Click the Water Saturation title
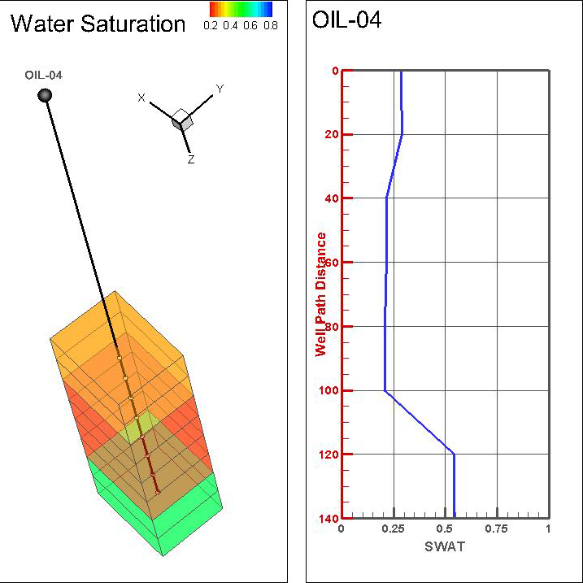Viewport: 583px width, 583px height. (98, 24)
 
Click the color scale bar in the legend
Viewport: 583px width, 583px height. (241, 9)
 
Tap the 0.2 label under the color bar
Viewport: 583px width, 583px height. (211, 25)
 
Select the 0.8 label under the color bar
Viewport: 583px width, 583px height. (271, 25)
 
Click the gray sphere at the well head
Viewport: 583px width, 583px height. (45, 96)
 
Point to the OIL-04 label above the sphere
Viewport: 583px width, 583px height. (44, 76)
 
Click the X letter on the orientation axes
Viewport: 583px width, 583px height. (141, 98)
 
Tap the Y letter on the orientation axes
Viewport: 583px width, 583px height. (219, 88)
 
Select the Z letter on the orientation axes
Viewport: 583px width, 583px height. (191, 160)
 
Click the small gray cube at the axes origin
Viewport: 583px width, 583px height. (183, 120)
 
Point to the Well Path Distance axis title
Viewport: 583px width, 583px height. (321, 294)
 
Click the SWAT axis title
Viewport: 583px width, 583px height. (445, 546)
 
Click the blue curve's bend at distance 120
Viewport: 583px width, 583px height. (454, 454)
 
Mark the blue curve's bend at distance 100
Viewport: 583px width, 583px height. (385, 391)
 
